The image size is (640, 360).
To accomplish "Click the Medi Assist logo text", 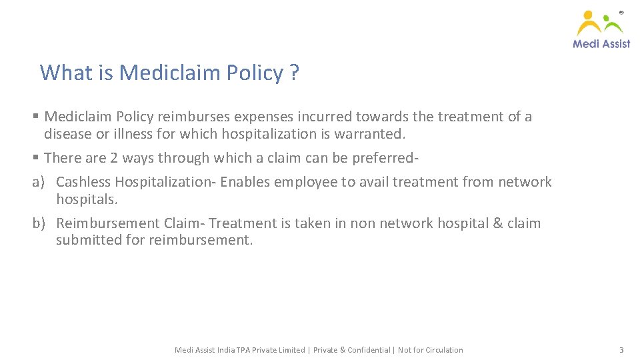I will click(601, 43).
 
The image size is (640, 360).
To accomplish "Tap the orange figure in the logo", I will click(589, 23).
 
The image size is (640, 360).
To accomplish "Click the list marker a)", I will click(39, 182).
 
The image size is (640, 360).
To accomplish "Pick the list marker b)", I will click(39, 223).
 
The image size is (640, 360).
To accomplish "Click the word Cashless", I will click(83, 182).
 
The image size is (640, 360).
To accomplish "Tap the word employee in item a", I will click(305, 182).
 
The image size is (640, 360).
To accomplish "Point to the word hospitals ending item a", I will click(87, 199).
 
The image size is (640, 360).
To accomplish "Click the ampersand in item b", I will click(497, 223).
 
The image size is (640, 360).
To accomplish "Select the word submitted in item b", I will click(89, 240).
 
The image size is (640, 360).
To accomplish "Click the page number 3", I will click(621, 350).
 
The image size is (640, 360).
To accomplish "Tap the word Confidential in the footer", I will click(367, 350).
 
